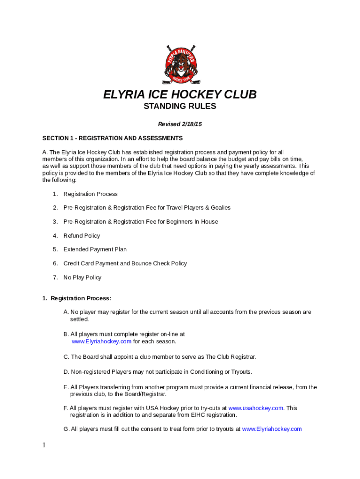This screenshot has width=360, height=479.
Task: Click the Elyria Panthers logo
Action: (x=180, y=65)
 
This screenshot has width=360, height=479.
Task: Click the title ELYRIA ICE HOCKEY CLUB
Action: (x=180, y=95)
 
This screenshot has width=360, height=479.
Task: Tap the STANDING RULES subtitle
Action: (x=180, y=107)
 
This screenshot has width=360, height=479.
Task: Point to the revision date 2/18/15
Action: (x=192, y=124)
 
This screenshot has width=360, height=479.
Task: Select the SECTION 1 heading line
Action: (x=112, y=138)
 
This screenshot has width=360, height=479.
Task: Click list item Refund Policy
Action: (x=82, y=236)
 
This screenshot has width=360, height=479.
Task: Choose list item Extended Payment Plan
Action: (x=95, y=249)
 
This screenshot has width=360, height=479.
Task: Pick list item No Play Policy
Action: (x=82, y=277)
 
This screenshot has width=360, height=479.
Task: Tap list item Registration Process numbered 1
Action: (x=90, y=194)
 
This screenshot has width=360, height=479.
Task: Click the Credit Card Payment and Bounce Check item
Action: (x=125, y=263)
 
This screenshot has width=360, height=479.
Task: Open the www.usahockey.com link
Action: (x=256, y=408)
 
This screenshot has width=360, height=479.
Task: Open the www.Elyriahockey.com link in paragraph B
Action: (x=101, y=341)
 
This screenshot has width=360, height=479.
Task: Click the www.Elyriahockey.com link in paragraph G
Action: (x=272, y=429)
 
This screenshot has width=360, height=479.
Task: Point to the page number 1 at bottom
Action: (x=44, y=445)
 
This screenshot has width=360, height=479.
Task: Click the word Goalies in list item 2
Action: (x=220, y=208)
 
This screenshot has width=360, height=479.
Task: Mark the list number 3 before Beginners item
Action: (x=55, y=222)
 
